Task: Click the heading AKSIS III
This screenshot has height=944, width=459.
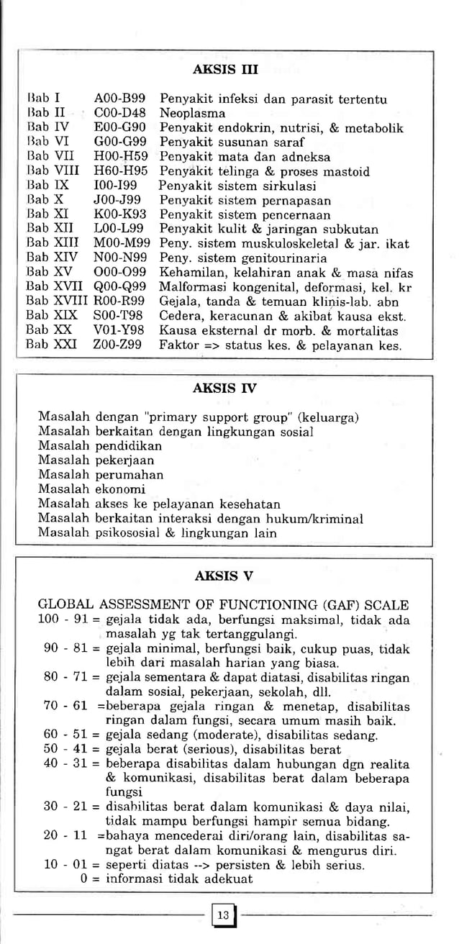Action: point(226,70)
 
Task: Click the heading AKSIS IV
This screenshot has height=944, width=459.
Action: point(225,389)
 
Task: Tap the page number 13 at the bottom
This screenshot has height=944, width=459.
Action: point(223,915)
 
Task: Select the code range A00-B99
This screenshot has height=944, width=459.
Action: point(120,98)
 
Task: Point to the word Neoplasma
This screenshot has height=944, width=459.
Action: point(192,113)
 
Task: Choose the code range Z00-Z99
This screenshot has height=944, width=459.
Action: point(119,345)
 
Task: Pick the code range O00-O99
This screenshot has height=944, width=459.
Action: point(120,272)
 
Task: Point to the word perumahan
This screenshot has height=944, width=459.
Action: point(129,475)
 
